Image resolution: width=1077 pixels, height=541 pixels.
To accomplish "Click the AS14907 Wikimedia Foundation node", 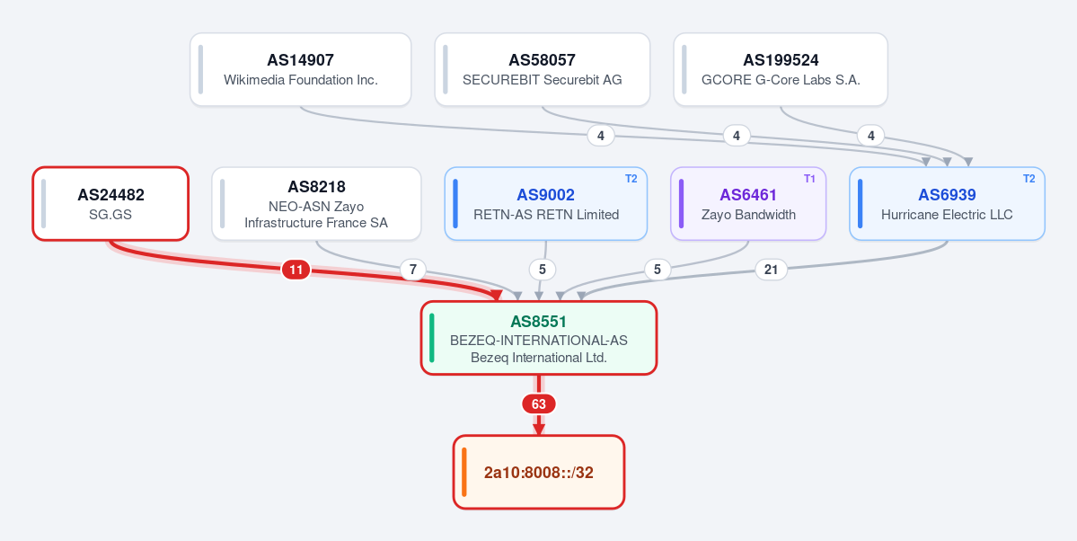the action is pyautogui.click(x=300, y=69).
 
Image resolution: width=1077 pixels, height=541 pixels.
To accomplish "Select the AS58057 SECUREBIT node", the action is pyautogui.click(x=542, y=69).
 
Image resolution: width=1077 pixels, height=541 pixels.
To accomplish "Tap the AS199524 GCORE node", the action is pyautogui.click(x=781, y=69).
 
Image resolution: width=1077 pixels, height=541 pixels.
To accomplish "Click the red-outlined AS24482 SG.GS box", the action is pyautogui.click(x=110, y=203).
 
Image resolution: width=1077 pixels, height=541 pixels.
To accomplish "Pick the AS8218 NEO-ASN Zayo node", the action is pyautogui.click(x=316, y=203).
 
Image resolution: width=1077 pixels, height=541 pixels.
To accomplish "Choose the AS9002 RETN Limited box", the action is pyautogui.click(x=546, y=203).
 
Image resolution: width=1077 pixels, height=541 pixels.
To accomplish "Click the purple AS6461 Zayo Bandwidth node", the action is pyautogui.click(x=748, y=203).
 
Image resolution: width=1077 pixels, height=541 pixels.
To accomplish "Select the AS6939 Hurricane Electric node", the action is pyautogui.click(x=947, y=203).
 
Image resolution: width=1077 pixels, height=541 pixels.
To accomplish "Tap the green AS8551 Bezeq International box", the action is pyautogui.click(x=539, y=338).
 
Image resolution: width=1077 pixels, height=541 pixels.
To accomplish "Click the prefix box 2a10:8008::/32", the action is pyautogui.click(x=539, y=473).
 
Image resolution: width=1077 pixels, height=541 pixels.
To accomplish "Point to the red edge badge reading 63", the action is pyautogui.click(x=539, y=404).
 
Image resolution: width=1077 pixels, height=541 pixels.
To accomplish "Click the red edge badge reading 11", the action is pyautogui.click(x=296, y=270).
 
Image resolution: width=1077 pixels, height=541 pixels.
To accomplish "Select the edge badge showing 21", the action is pyautogui.click(x=771, y=270).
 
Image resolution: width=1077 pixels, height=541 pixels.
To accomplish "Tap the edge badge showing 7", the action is pyautogui.click(x=413, y=270).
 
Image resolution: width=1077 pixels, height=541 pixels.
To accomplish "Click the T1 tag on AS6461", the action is pyautogui.click(x=810, y=179).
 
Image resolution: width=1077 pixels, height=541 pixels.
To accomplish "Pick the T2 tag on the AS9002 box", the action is pyautogui.click(x=631, y=179).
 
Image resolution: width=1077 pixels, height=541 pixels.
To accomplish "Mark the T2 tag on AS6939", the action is pyautogui.click(x=1028, y=179).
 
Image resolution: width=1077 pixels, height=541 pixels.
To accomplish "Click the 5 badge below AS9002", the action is pyautogui.click(x=543, y=270).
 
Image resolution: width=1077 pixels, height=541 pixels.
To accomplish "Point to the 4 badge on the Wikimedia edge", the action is pyautogui.click(x=601, y=136).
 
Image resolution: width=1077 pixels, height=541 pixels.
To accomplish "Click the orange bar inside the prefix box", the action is pyautogui.click(x=464, y=473).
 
